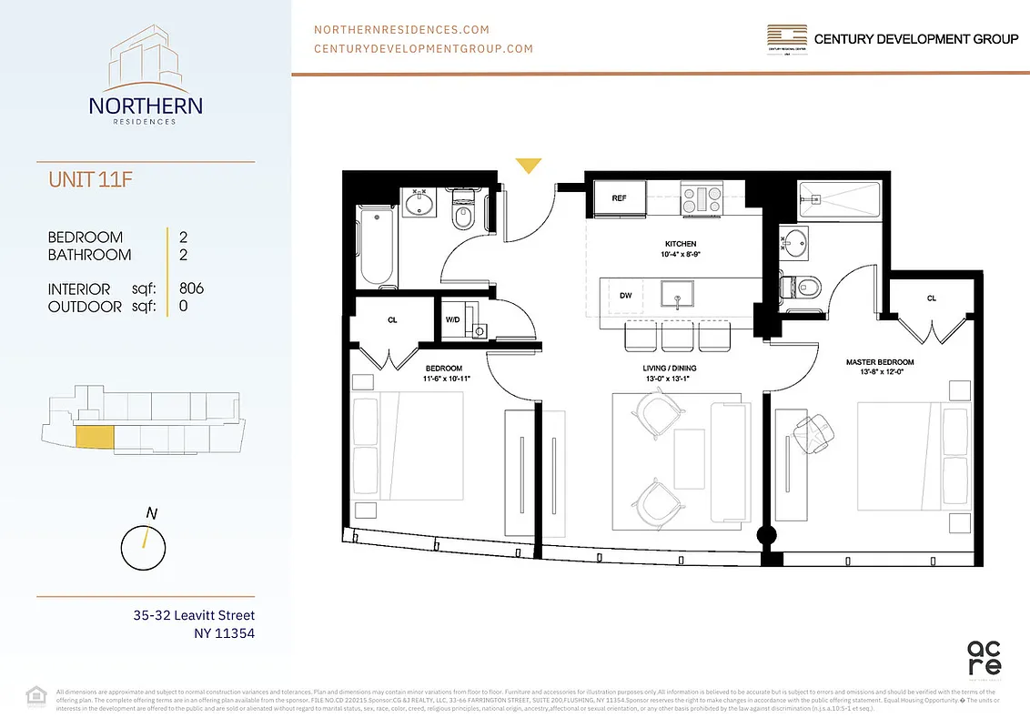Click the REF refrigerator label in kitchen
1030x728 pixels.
pyautogui.click(x=619, y=198)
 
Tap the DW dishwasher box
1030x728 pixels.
pyautogui.click(x=626, y=296)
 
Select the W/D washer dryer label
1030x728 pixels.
pyautogui.click(x=452, y=319)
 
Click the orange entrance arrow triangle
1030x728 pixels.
pyautogui.click(x=529, y=165)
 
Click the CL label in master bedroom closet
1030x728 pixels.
pyautogui.click(x=931, y=298)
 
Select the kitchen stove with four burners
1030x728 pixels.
pyautogui.click(x=702, y=199)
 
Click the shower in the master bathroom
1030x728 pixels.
pyautogui.click(x=838, y=200)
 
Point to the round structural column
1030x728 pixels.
pyautogui.click(x=767, y=536)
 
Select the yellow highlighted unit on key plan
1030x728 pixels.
pyautogui.click(x=94, y=437)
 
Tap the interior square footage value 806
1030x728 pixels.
pyautogui.click(x=192, y=288)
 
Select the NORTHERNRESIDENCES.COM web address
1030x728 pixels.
pyautogui.click(x=401, y=30)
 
